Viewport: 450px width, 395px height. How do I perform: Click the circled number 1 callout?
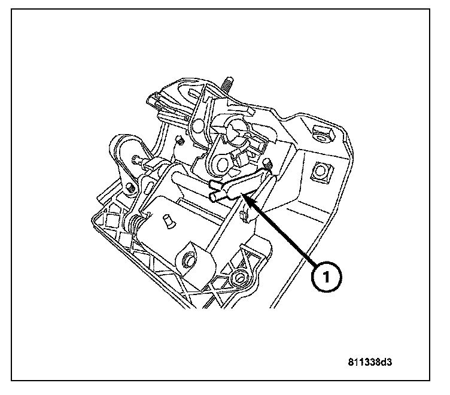tap(327, 276)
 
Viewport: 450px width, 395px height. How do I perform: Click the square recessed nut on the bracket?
tap(321, 173)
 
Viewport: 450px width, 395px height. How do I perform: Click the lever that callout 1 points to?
tap(236, 183)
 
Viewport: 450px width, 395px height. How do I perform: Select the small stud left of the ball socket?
tap(178, 141)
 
